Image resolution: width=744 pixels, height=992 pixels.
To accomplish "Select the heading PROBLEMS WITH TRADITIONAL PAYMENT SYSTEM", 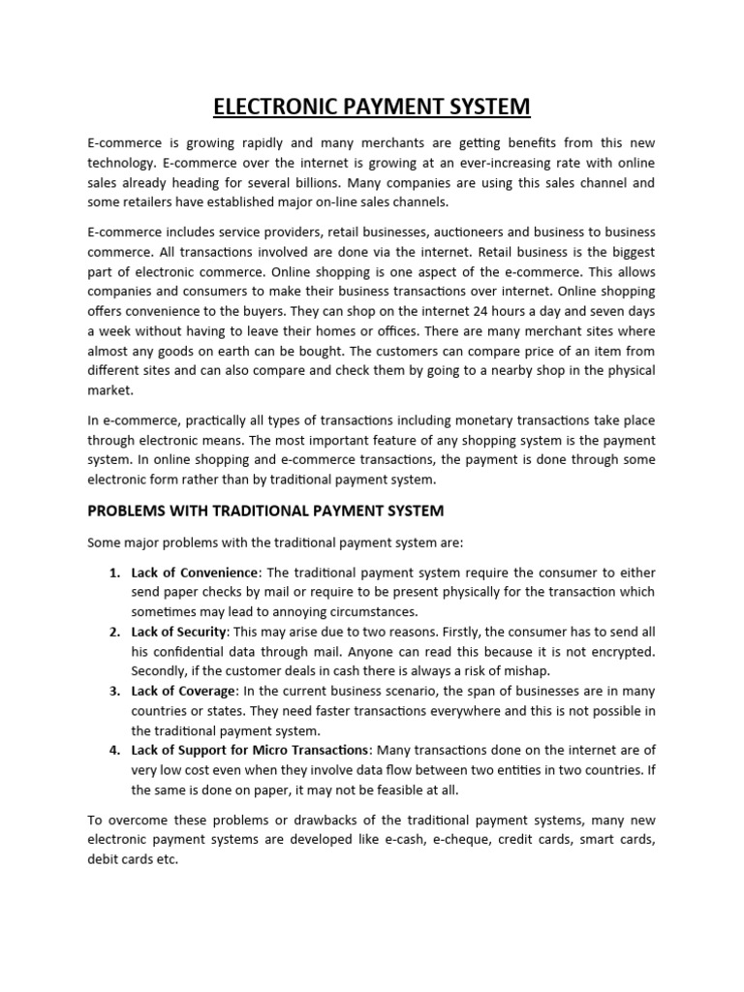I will (x=265, y=510).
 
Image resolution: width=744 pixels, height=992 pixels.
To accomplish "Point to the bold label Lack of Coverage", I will (x=183, y=691).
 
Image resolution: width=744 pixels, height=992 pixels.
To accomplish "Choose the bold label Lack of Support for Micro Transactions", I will (x=250, y=750).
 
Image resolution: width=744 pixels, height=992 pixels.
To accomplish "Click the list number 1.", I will (x=113, y=573).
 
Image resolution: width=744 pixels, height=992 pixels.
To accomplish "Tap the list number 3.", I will (x=113, y=691).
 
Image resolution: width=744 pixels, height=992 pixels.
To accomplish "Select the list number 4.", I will (x=113, y=750).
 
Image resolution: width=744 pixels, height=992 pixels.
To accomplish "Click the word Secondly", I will (x=162, y=671).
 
